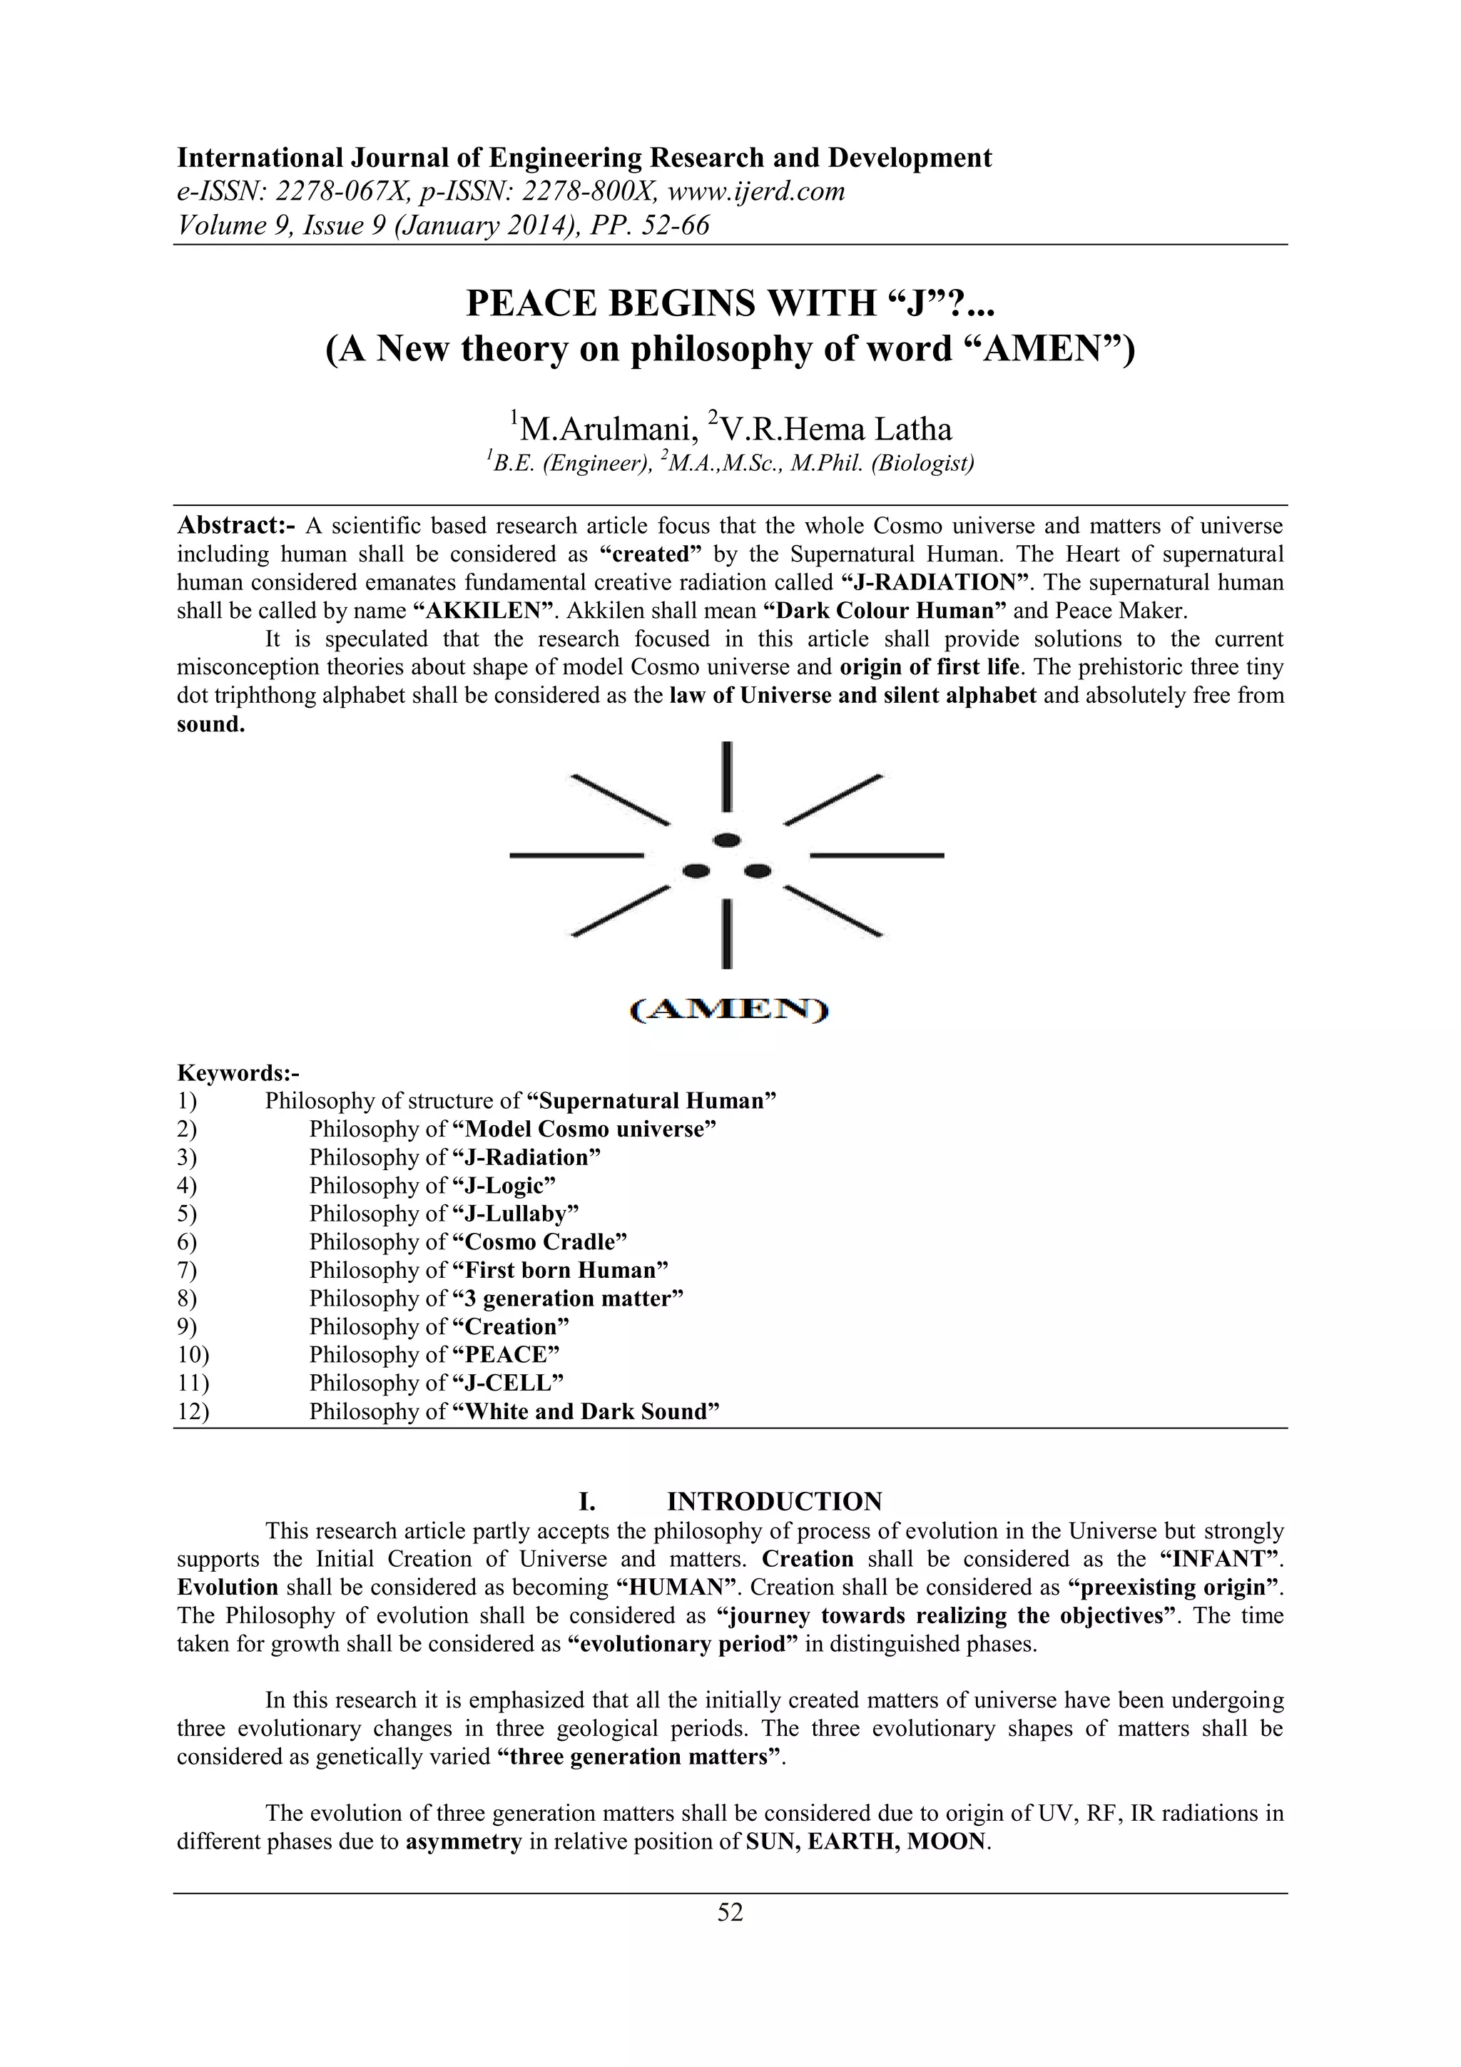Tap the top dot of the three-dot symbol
coord(726,840)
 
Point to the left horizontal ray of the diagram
coord(576,854)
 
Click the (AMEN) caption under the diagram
coord(728,1011)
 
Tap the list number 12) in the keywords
coord(193,1411)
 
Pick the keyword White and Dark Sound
coord(586,1411)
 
